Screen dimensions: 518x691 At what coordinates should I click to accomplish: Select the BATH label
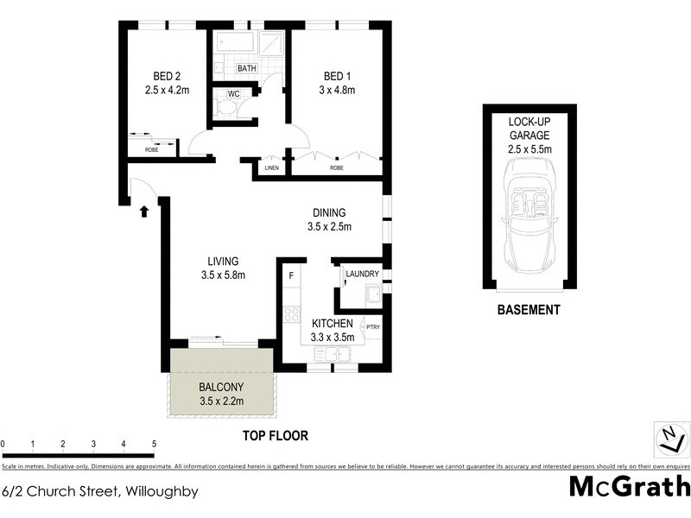coord(247,68)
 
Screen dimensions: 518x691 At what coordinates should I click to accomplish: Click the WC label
coord(233,94)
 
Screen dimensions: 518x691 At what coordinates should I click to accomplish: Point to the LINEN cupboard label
coord(271,168)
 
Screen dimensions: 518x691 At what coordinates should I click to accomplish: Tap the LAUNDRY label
coord(362,275)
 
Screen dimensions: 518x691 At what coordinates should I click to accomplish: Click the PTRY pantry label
coord(373,326)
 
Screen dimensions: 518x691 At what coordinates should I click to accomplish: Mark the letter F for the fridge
coord(292,275)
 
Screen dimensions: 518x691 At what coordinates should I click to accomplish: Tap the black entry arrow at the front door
coord(144,210)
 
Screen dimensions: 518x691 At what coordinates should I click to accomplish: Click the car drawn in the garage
coord(529,220)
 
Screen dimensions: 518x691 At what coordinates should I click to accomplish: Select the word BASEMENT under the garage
coord(529,310)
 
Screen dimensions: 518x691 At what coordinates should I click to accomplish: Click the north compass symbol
coord(668,439)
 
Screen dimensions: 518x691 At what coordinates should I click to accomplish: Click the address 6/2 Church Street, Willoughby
coord(100,492)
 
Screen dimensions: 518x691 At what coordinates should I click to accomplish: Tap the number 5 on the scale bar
coord(154,444)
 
